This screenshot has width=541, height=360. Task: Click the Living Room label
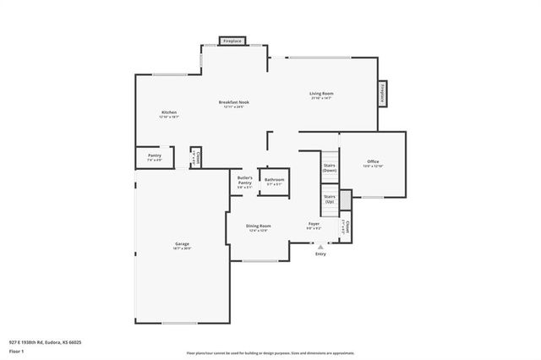pyautogui.click(x=321, y=93)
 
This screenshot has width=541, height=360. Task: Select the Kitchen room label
pyautogui.click(x=169, y=112)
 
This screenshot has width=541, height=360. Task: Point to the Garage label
pyautogui.click(x=183, y=244)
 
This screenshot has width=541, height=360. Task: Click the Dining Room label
pyautogui.click(x=259, y=226)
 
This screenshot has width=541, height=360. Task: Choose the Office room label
pyautogui.click(x=373, y=161)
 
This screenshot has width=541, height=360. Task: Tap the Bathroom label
pyautogui.click(x=275, y=179)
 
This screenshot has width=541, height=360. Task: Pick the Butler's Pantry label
pyautogui.click(x=245, y=180)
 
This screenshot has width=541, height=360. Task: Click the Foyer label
pyautogui.click(x=314, y=224)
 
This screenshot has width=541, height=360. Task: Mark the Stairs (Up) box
pyautogui.click(x=330, y=199)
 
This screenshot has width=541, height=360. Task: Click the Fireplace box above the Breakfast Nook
pyautogui.click(x=232, y=41)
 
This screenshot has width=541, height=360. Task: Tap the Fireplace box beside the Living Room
pyautogui.click(x=382, y=93)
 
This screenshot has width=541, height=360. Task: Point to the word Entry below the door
pyautogui.click(x=320, y=254)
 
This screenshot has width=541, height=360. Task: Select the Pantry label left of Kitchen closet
pyautogui.click(x=155, y=155)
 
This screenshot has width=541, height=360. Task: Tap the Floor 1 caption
pyautogui.click(x=16, y=351)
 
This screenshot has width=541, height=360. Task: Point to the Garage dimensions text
pyautogui.click(x=183, y=249)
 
